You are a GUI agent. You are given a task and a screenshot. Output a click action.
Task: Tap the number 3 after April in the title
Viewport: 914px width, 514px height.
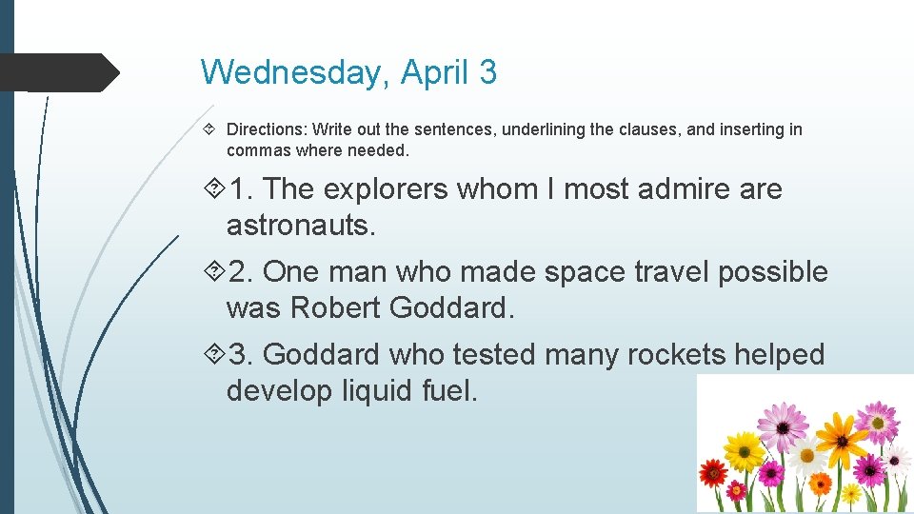point(487,72)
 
